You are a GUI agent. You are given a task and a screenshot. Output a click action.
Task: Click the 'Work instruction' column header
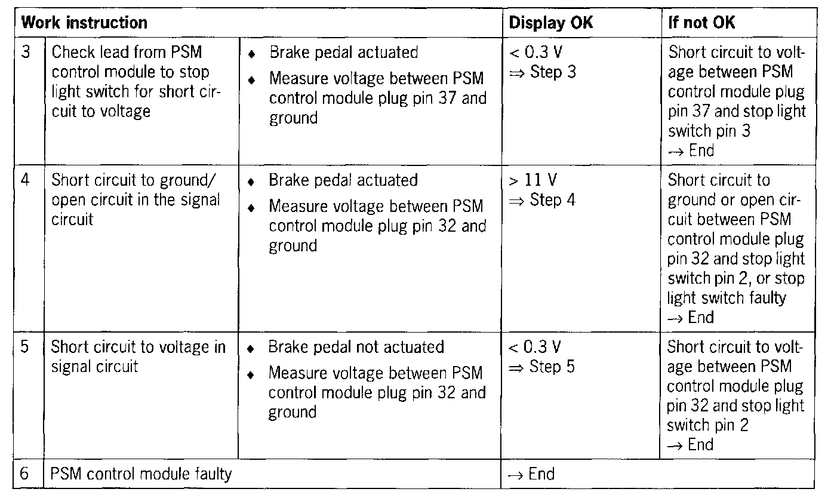(84, 23)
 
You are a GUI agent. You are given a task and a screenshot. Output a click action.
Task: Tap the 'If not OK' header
(701, 23)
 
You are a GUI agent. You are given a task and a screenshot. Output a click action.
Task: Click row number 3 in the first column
(26, 52)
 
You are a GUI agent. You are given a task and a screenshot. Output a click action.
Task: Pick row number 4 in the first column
(26, 180)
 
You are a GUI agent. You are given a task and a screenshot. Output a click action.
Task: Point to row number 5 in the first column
(26, 347)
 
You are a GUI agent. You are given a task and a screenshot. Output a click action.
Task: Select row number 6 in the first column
(26, 474)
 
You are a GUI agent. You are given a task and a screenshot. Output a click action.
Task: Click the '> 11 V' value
(533, 180)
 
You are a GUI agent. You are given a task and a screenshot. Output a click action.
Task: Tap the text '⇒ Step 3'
(542, 73)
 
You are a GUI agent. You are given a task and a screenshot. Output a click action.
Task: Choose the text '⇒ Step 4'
(542, 200)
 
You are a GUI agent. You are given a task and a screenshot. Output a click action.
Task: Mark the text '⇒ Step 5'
(542, 367)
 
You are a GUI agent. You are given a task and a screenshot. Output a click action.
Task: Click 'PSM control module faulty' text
(141, 474)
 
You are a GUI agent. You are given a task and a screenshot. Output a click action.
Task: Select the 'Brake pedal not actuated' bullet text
(356, 347)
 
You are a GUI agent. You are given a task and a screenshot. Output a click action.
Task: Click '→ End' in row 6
(531, 474)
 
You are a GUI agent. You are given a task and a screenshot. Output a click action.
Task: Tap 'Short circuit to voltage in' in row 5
(138, 347)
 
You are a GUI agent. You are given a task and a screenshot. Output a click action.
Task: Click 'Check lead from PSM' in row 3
(127, 52)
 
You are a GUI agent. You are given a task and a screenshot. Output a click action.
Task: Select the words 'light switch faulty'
(727, 298)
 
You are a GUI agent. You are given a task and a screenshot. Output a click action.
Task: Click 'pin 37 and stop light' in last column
(737, 112)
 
